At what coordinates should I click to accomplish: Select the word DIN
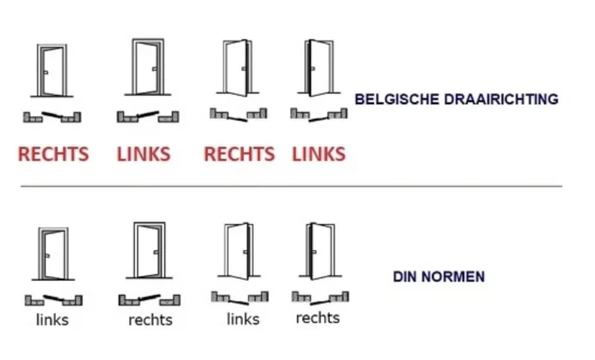click(405, 277)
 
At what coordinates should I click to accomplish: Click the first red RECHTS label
click(53, 154)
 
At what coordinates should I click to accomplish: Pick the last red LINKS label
click(319, 154)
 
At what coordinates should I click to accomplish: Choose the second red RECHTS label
click(239, 154)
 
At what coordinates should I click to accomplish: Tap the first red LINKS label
click(144, 154)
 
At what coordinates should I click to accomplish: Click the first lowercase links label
click(52, 320)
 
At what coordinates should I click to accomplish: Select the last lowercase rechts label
click(318, 318)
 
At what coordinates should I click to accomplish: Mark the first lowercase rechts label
click(150, 320)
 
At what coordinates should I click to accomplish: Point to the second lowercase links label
click(243, 319)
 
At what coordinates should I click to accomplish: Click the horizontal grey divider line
click(291, 186)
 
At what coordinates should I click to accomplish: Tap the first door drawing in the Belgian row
click(52, 71)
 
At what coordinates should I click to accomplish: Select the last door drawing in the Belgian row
click(319, 68)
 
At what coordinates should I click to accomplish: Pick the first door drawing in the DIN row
click(53, 253)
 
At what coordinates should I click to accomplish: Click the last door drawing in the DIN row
click(320, 251)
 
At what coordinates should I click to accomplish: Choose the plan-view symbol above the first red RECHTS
click(52, 116)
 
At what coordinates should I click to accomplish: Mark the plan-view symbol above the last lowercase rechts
click(320, 297)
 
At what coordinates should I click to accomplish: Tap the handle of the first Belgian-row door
click(46, 72)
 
